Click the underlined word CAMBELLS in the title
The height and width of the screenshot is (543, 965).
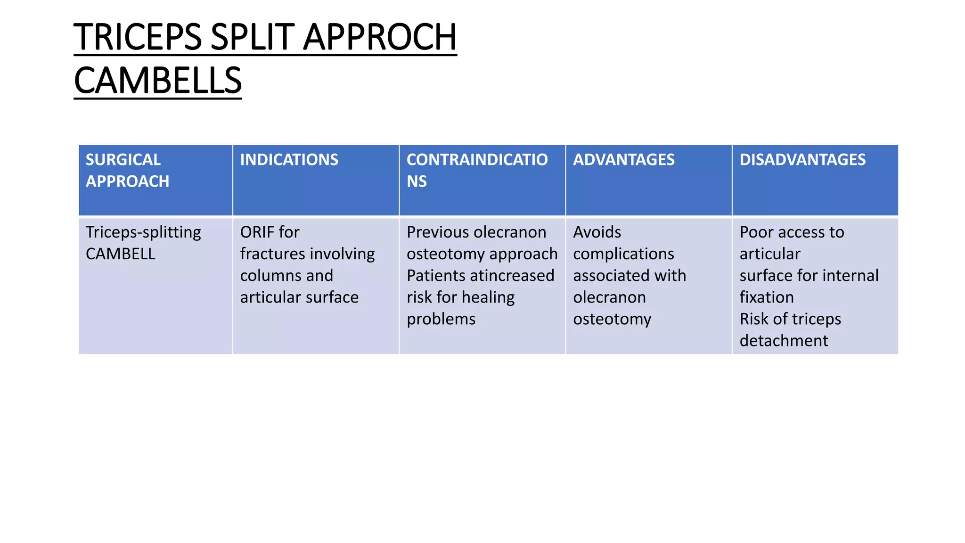click(x=158, y=81)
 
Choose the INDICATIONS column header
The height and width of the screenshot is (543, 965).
click(x=289, y=160)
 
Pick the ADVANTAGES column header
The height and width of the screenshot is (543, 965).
click(x=623, y=160)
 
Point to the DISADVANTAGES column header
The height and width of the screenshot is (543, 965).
click(x=802, y=160)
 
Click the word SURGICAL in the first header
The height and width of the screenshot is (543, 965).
click(x=123, y=160)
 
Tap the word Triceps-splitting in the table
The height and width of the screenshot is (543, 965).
click(x=143, y=232)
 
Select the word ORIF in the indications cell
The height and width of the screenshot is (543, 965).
click(x=255, y=232)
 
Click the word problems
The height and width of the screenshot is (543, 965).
click(x=441, y=319)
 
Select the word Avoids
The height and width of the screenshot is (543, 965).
click(x=597, y=232)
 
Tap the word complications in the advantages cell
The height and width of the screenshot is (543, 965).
click(x=623, y=254)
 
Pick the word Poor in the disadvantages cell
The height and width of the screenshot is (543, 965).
click(x=756, y=232)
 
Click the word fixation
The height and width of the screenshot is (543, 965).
click(x=767, y=297)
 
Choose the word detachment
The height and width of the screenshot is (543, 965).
click(x=784, y=341)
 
